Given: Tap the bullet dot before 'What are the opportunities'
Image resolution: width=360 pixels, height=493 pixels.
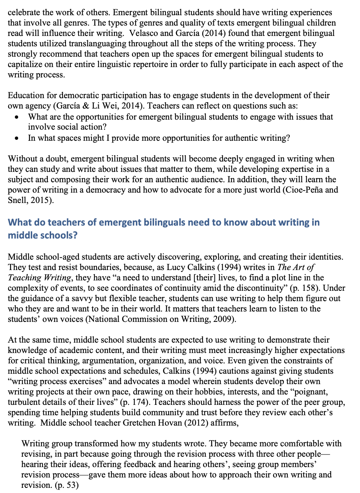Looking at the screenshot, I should (17, 117).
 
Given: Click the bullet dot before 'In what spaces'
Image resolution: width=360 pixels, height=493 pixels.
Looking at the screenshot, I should (17, 139).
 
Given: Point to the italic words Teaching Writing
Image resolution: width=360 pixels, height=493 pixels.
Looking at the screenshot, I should (39, 278).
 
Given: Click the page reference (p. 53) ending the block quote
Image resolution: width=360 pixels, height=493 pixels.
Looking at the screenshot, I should (67, 485).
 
